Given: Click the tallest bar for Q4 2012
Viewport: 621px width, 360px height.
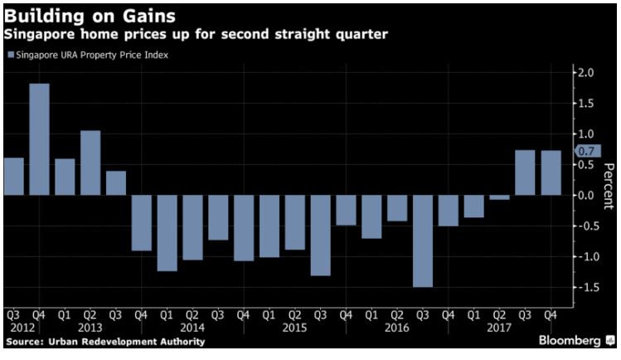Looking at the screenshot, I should coord(39,139).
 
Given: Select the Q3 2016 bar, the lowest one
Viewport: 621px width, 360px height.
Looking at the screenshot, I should coord(422,241).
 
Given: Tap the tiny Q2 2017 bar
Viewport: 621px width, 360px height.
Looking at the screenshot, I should coord(499,197).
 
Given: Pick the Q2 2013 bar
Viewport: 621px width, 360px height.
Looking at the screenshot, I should coord(90,163).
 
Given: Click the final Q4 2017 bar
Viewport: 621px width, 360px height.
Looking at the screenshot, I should coord(551,173).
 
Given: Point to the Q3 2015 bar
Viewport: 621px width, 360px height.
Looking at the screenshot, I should coord(320,235).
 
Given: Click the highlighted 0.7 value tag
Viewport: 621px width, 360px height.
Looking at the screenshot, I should coord(586,152).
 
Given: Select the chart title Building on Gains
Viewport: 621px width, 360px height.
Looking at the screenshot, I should coord(81,14).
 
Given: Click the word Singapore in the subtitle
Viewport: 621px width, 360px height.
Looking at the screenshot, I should coord(41,35).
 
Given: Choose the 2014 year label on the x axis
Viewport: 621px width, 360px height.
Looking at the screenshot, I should coord(192,327).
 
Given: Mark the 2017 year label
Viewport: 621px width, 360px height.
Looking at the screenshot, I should coord(499,327).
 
